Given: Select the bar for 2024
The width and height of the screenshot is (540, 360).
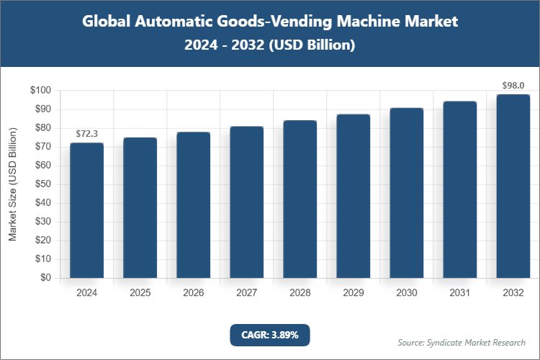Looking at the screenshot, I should point(86,210).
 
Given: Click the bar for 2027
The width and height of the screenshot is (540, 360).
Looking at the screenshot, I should point(246,202).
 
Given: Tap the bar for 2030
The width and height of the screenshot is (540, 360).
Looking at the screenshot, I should point(407,193).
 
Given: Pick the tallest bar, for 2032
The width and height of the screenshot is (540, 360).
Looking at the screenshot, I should point(513,186).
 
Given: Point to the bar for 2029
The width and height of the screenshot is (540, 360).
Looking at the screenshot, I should point(354,196).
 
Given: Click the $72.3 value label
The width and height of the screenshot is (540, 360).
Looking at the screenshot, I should point(86,134).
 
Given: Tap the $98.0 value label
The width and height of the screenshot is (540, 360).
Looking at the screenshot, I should point(513,86).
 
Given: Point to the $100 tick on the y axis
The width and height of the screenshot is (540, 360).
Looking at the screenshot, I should point(40,91).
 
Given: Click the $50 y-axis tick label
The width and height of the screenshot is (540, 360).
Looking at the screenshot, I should point(42,184).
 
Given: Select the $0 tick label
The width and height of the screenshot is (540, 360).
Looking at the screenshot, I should point(45,278).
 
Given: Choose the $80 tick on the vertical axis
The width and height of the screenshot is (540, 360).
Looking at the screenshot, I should point(42,128).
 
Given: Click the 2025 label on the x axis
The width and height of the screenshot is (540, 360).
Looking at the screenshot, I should point(140,293).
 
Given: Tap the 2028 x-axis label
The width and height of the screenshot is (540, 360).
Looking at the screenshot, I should point(300,293).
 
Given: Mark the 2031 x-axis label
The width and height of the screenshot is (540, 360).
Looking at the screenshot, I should point(459,293).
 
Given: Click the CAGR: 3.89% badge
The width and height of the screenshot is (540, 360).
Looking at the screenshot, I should point(269,335).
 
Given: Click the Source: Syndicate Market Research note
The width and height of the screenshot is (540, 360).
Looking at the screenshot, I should point(462,342).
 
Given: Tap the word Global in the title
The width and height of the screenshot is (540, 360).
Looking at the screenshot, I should point(107,22).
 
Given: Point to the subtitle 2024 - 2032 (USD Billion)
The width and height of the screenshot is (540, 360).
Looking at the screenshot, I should point(269,45).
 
